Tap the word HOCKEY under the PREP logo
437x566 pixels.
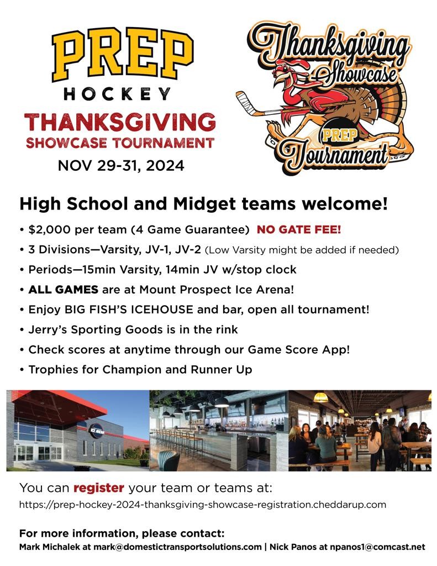(117, 94)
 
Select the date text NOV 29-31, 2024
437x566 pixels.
(121, 166)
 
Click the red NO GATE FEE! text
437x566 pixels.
(299, 229)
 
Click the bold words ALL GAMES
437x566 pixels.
(64, 290)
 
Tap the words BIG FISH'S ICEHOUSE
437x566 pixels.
(129, 310)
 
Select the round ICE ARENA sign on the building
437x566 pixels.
(96, 430)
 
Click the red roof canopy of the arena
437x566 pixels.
(60, 408)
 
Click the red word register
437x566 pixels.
(99, 488)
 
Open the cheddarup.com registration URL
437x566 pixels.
(202, 504)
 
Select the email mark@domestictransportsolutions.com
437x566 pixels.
(177, 547)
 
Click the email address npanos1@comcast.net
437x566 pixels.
(377, 547)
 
